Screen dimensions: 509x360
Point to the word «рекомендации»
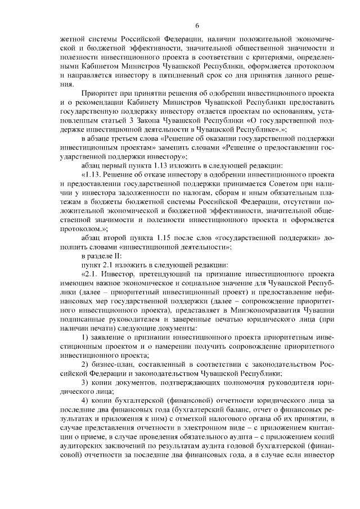tap(94, 102)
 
